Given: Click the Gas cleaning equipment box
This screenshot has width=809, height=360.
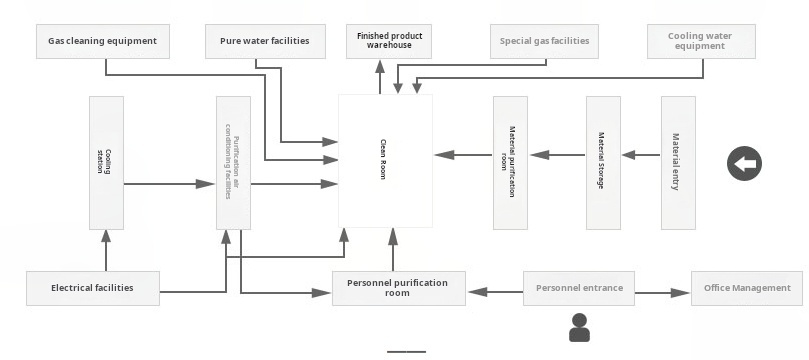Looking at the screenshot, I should (x=103, y=41).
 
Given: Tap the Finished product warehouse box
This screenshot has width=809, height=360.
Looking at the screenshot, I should (x=390, y=41).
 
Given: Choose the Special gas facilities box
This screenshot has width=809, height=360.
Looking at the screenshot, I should (x=545, y=41).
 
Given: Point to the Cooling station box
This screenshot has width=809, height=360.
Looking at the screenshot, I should (x=106, y=162).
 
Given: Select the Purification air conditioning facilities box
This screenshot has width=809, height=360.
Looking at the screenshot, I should (x=233, y=162).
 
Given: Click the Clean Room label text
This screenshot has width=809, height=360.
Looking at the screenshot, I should (x=383, y=159).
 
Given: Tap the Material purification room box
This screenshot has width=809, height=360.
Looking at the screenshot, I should (x=510, y=162).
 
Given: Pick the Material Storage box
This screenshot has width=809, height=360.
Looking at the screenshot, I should (x=602, y=162).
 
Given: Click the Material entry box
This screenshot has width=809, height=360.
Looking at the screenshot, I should (x=677, y=162).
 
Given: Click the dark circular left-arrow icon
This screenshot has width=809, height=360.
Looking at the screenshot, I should (x=744, y=163).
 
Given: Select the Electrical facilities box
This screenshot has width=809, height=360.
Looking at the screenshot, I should (x=92, y=288).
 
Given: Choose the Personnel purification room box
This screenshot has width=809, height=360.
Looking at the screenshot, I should (x=397, y=288).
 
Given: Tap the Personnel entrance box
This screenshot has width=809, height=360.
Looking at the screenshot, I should (x=579, y=288).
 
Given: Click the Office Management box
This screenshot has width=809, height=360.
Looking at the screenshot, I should (x=746, y=288).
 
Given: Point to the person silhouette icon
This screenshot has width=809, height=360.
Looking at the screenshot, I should (x=579, y=327).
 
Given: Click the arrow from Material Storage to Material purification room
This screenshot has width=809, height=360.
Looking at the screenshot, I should (x=557, y=155).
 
